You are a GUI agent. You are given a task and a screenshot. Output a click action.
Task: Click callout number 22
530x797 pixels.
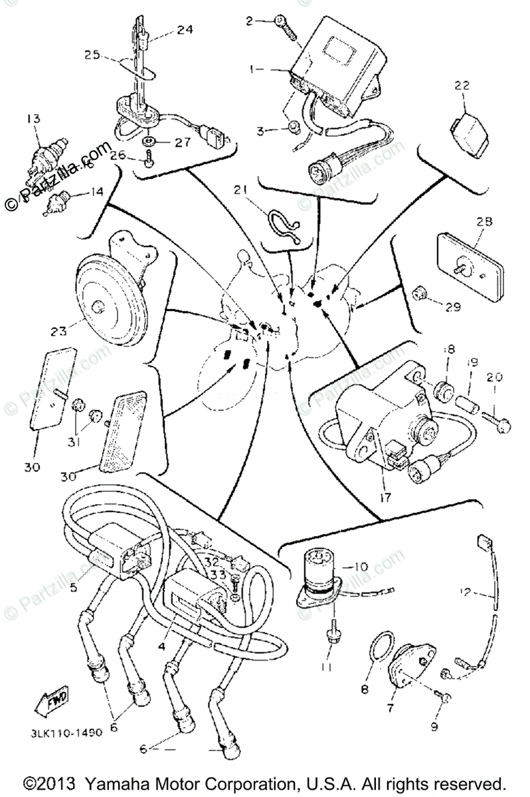pyautogui.click(x=462, y=86)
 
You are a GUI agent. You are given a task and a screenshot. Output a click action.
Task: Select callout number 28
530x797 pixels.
pyautogui.click(x=484, y=222)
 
